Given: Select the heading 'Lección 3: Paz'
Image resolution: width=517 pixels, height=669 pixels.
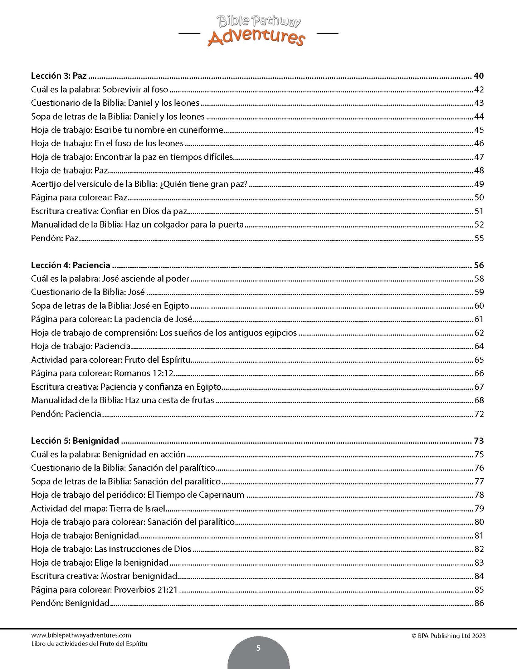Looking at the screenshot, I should tap(59, 76).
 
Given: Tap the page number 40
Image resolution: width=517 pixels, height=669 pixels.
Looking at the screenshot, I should tap(478, 76).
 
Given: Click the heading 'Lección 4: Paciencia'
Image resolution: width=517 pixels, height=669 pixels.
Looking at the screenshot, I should tap(70, 265).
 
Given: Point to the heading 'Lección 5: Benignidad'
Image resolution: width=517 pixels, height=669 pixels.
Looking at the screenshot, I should tap(75, 440).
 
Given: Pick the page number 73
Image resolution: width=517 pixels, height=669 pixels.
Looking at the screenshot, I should tap(479, 440).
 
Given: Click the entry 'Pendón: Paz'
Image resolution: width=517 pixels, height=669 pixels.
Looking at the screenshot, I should tap(54, 238).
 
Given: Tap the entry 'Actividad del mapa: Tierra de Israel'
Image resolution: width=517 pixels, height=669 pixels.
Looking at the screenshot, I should tap(98, 508).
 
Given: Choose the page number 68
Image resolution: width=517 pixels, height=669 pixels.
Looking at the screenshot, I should tap(479, 400).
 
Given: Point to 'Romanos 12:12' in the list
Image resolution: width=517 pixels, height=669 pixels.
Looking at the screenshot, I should tap(143, 373).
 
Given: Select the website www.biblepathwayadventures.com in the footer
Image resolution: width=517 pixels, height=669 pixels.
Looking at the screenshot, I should tap(81, 635).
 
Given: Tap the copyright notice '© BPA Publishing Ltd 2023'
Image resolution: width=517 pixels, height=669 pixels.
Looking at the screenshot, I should tap(448, 636).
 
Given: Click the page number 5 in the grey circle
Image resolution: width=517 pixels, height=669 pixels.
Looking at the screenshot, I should tap(258, 648).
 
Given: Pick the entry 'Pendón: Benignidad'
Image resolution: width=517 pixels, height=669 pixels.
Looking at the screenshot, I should tap(70, 603).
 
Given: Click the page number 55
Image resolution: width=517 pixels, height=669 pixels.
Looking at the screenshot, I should tap(479, 238).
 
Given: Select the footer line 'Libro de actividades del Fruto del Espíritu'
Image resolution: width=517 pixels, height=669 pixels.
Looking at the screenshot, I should tap(89, 644).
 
